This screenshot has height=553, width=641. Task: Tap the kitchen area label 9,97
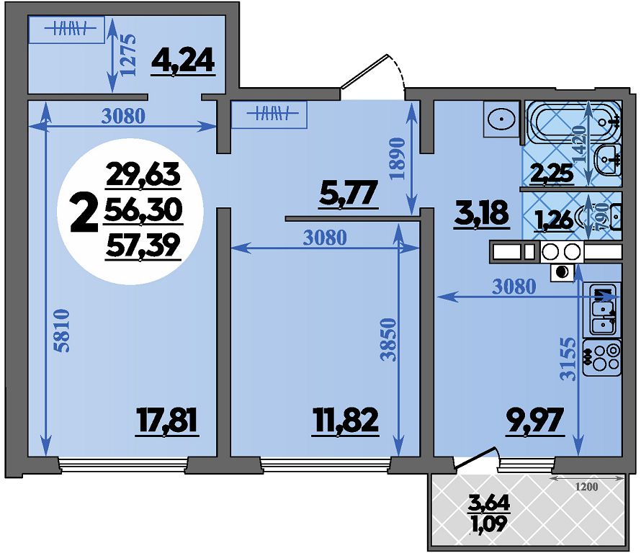point(534,421)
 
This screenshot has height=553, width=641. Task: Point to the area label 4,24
point(183,62)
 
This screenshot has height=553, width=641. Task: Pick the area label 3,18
point(481,213)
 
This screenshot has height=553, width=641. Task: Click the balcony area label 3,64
point(488,503)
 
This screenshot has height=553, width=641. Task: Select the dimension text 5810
point(62,331)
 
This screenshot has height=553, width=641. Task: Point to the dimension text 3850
point(388,339)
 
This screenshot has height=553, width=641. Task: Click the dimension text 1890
point(397,158)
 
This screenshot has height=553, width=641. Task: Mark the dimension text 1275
point(127,54)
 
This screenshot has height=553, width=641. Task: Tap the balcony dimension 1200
point(587,487)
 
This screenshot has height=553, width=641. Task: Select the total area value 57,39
point(143,246)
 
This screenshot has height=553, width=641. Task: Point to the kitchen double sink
point(605,309)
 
